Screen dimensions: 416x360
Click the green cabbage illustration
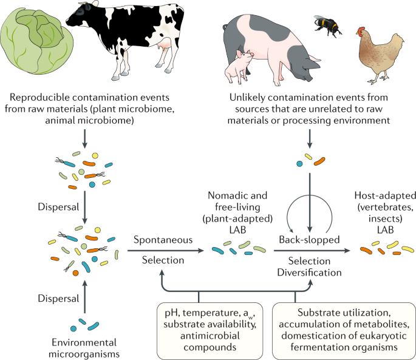[36, 41]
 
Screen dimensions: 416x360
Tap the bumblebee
[327, 25]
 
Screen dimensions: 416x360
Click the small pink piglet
[239, 66]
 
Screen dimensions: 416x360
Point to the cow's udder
[165, 44]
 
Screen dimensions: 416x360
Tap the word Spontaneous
[163, 240]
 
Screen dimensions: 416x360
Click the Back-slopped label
[309, 240]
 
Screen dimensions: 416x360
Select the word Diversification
[309, 273]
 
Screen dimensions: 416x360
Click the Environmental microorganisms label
[84, 348]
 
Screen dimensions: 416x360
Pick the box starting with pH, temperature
[210, 331]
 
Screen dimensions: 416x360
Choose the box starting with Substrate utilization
[344, 331]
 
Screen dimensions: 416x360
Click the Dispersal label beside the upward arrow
[58, 299]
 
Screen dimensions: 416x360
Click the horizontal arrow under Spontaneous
[166, 251]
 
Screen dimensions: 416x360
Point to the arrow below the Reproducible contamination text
[84, 138]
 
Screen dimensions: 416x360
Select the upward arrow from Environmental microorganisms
[84, 297]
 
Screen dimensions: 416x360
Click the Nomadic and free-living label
[237, 212]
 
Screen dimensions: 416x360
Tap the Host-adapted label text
[385, 212]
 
